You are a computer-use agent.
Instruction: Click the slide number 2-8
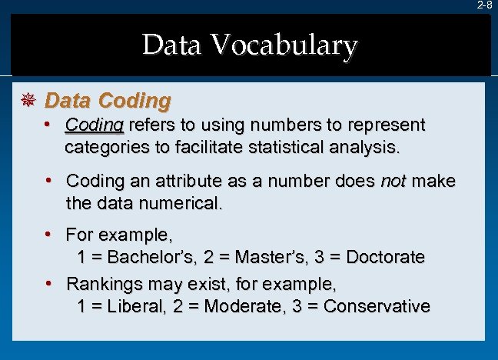(485, 5)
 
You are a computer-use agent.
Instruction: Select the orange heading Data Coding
(108, 101)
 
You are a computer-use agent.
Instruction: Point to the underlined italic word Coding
(95, 125)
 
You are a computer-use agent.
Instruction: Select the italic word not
(393, 181)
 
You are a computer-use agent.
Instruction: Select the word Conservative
(377, 306)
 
